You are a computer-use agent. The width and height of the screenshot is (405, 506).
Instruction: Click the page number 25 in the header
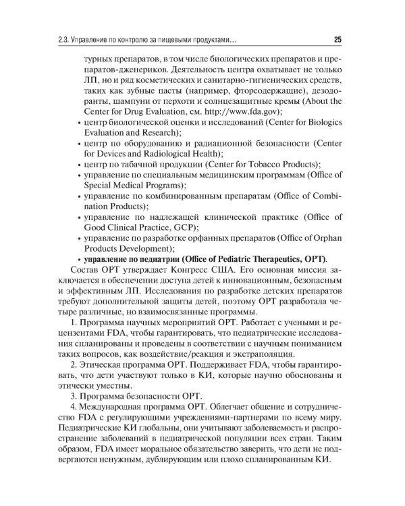click(x=337, y=39)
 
